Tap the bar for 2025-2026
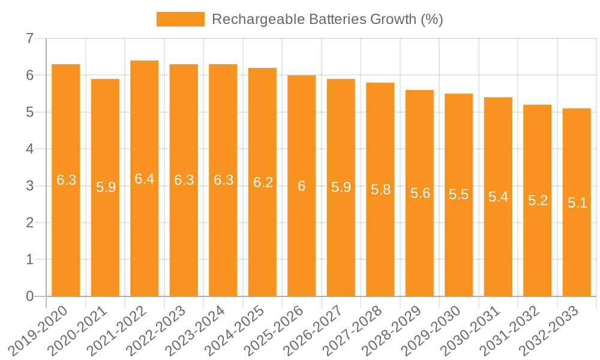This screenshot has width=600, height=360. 302,240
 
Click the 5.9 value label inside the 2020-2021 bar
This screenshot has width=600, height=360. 106,187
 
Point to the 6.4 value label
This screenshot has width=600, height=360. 145,179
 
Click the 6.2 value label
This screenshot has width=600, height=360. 263,182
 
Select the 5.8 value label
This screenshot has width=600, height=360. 380,190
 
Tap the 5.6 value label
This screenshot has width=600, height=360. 420,194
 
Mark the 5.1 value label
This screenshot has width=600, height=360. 577,203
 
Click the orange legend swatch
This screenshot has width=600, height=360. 180,19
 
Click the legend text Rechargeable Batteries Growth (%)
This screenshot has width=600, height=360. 328,19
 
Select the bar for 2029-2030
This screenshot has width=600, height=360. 459,240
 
